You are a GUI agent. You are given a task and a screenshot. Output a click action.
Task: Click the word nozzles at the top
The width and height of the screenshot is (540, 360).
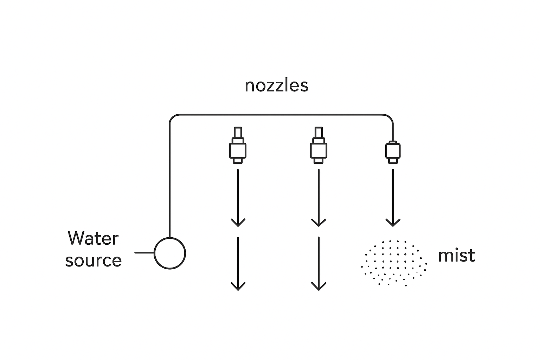(276, 86)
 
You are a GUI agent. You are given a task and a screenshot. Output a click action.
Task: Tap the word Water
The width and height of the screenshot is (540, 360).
(93, 238)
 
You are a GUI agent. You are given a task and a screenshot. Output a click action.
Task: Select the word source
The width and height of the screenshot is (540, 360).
(94, 260)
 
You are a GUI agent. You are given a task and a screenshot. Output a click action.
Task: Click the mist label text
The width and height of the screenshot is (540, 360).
(456, 255)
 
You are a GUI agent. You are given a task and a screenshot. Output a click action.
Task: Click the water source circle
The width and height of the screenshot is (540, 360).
(170, 253)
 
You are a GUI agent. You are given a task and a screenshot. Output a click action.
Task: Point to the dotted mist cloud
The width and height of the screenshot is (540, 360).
(394, 263)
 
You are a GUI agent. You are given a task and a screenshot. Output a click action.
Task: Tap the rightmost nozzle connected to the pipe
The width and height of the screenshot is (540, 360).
(393, 152)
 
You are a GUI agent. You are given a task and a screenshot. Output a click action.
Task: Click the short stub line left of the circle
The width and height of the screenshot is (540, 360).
(144, 252)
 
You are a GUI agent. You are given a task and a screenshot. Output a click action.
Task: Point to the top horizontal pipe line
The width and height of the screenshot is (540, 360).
(281, 115)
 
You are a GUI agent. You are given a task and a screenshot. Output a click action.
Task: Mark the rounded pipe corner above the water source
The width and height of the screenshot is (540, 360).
(172, 117)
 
